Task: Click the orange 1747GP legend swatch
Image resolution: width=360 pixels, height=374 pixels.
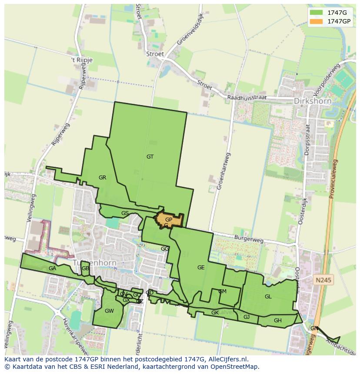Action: pyautogui.click(x=316, y=21)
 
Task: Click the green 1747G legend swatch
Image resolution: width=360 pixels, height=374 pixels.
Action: pyautogui.click(x=316, y=13)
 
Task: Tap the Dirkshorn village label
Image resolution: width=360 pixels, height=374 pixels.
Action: pyautogui.click(x=313, y=101)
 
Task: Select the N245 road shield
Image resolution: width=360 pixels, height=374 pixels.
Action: pyautogui.click(x=323, y=280)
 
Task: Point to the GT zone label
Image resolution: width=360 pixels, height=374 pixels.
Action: pyautogui.click(x=150, y=157)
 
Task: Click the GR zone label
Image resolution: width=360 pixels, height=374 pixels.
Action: pyautogui.click(x=102, y=178)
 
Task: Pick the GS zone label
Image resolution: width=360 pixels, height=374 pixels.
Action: pyautogui.click(x=125, y=213)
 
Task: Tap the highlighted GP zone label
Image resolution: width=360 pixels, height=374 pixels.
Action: pyautogui.click(x=169, y=220)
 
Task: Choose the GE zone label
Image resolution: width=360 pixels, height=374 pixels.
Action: pyautogui.click(x=201, y=268)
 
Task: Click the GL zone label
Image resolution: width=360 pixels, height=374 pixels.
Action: pyautogui.click(x=268, y=297)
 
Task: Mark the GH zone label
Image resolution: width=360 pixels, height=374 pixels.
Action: pyautogui.click(x=278, y=321)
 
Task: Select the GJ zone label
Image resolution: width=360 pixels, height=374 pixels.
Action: pyautogui.click(x=247, y=317)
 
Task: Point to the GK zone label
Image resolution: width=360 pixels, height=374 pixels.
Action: pyautogui.click(x=215, y=313)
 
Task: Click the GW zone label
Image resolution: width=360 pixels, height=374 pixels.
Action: pyautogui.click(x=109, y=311)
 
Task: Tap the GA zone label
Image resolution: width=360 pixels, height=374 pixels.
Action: pyautogui.click(x=53, y=268)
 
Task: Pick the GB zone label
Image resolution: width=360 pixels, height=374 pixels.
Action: pyautogui.click(x=85, y=268)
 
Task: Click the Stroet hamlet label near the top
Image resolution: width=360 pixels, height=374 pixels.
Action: pyautogui.click(x=156, y=54)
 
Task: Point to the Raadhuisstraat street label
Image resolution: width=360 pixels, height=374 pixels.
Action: pyautogui.click(x=247, y=98)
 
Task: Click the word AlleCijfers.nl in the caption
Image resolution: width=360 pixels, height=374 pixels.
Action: pyautogui.click(x=227, y=359)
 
